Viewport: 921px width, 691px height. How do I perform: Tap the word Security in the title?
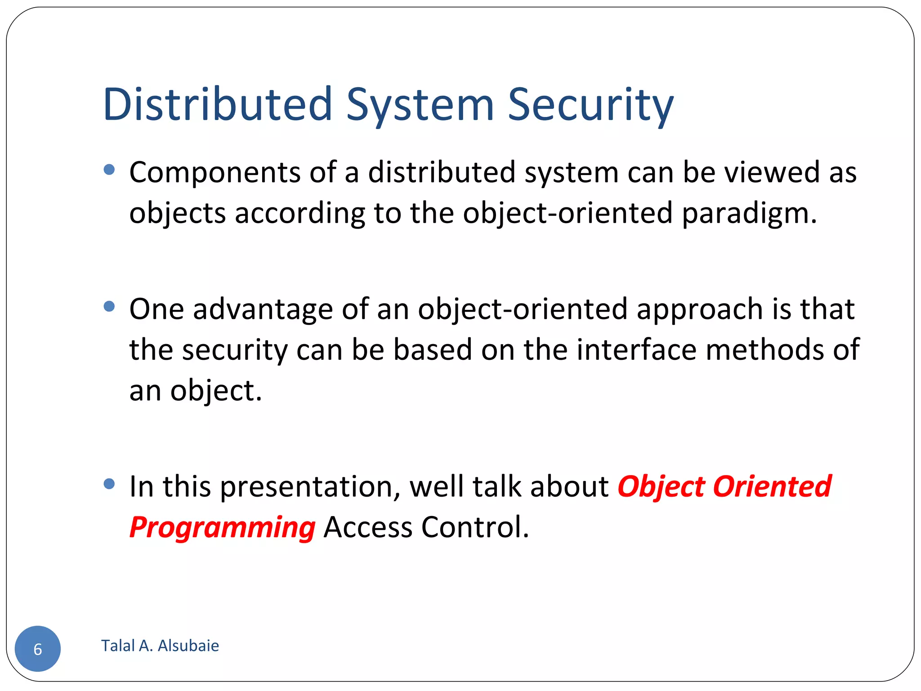[x=590, y=104]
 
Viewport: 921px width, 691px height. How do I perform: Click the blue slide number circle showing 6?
[x=38, y=648]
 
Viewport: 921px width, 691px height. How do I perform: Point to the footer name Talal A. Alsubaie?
[x=160, y=646]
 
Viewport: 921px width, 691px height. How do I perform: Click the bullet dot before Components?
[x=109, y=170]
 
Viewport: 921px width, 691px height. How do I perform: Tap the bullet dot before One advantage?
[x=109, y=307]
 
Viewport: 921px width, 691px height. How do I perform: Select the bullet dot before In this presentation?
[x=109, y=484]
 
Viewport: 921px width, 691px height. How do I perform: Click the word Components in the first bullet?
[x=215, y=173]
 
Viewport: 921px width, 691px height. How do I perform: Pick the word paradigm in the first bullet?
[x=749, y=213]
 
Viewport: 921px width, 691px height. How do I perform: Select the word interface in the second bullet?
[x=636, y=350]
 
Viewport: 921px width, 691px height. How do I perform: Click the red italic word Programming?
[x=223, y=527]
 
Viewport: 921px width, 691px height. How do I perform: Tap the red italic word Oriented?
[x=772, y=487]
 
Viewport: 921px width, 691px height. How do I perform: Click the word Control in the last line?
[x=475, y=527]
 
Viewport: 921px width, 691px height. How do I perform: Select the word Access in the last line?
[x=368, y=527]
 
